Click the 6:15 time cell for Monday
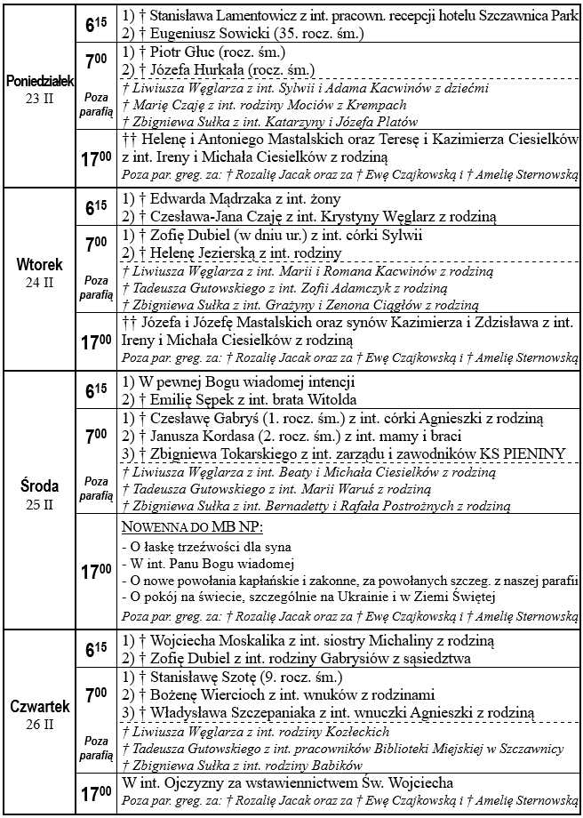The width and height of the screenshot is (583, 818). coord(96,27)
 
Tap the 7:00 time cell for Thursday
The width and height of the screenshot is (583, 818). coord(96,694)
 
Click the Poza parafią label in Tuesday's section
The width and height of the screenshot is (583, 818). coord(96,286)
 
